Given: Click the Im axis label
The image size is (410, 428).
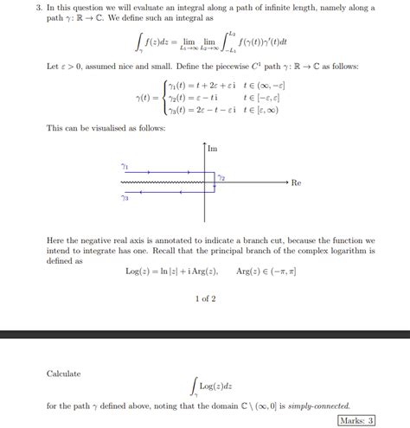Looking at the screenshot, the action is coord(213,150).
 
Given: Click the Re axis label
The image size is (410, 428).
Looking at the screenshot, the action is coord(296,183).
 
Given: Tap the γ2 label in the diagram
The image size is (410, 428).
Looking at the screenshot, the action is coord(221,177).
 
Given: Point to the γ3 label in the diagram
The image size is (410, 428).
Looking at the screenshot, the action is coord(125,199).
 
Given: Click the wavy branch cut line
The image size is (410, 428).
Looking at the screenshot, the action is coord(164,183).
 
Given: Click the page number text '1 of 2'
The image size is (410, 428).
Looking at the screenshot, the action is coord(204,299).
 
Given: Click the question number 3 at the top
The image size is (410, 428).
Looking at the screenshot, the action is coord(38,8).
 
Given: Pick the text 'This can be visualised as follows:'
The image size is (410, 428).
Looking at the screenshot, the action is coord(97,128).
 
